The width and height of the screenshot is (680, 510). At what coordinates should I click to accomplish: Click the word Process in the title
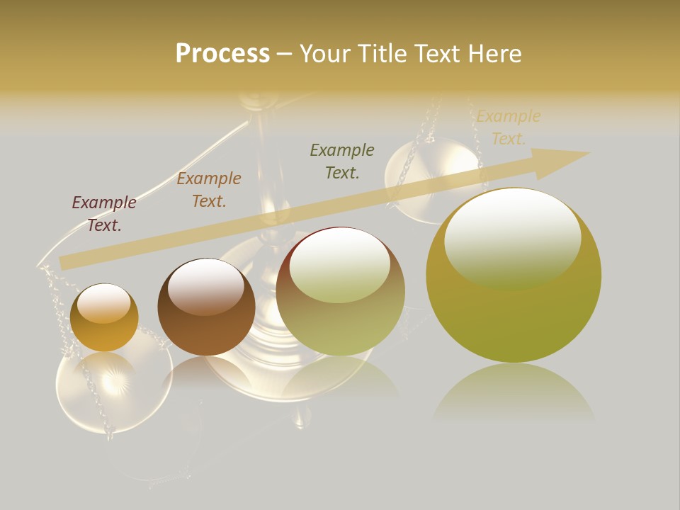(222, 54)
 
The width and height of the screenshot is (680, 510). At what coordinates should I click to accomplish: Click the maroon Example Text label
(104, 214)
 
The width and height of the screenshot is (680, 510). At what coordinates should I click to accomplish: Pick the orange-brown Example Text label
(209, 190)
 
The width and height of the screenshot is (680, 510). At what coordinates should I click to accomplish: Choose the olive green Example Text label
(342, 161)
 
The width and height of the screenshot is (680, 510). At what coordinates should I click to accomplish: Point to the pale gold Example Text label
(509, 127)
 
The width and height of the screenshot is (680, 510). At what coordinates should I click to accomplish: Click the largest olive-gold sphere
(514, 312)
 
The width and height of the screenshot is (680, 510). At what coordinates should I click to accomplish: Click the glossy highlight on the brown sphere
(206, 283)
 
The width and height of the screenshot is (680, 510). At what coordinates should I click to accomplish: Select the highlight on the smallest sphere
(103, 302)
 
